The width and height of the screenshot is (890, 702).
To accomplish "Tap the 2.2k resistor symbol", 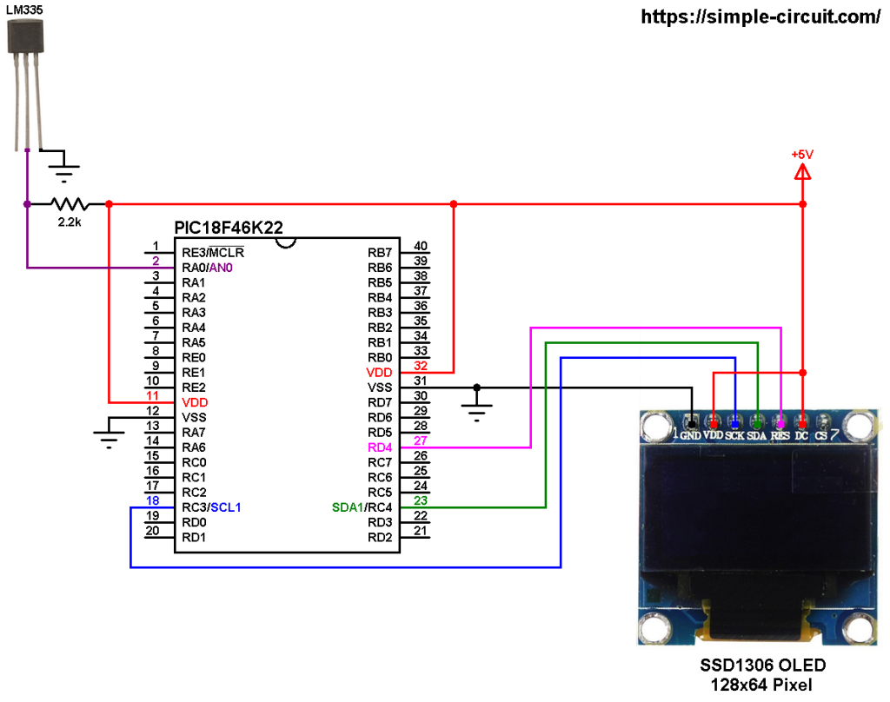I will (x=70, y=205).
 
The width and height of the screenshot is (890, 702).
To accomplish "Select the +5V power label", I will (x=801, y=154).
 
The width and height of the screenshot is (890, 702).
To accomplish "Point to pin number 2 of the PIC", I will (x=156, y=261).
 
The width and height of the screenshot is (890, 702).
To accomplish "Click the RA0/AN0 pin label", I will (x=207, y=268).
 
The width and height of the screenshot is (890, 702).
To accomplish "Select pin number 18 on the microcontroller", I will (x=152, y=500).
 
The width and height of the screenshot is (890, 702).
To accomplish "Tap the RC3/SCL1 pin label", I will (x=212, y=507).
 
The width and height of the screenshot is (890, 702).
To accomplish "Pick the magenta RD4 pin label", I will (x=380, y=447).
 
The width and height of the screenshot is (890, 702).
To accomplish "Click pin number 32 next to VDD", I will (x=420, y=365).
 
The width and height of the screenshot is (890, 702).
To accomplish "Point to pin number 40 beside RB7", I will (x=420, y=245).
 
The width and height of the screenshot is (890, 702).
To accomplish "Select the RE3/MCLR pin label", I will (x=213, y=253).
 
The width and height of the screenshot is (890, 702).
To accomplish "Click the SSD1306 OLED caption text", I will (x=763, y=666).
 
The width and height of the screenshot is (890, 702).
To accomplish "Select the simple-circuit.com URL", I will (x=760, y=17).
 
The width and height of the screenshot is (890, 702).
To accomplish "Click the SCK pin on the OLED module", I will (x=735, y=434).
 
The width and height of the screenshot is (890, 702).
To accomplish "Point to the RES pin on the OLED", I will (x=780, y=434).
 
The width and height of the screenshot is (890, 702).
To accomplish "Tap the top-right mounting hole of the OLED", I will (x=859, y=426).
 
